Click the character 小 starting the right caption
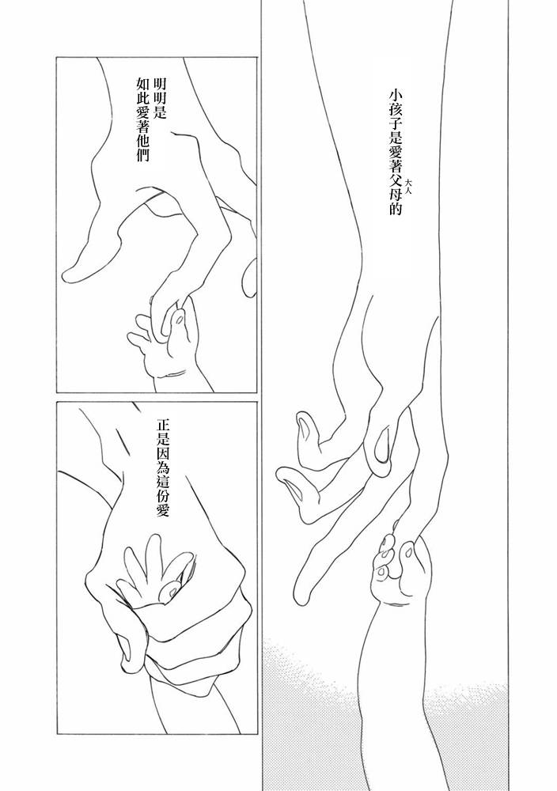click(395, 97)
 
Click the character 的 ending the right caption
click(395, 210)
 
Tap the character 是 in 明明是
click(159, 112)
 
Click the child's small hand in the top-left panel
click(161, 343)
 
